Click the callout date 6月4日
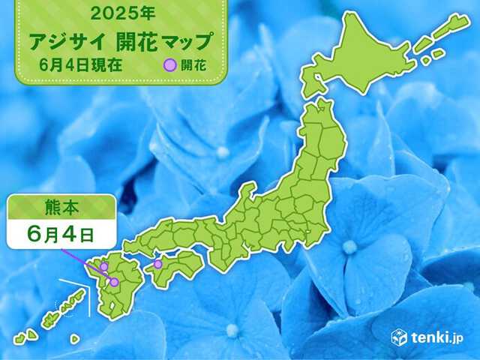(57, 234)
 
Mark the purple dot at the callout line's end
(114, 282)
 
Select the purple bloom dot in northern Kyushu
(103, 266)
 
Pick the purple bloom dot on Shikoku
(158, 264)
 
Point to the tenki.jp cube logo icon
(399, 337)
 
